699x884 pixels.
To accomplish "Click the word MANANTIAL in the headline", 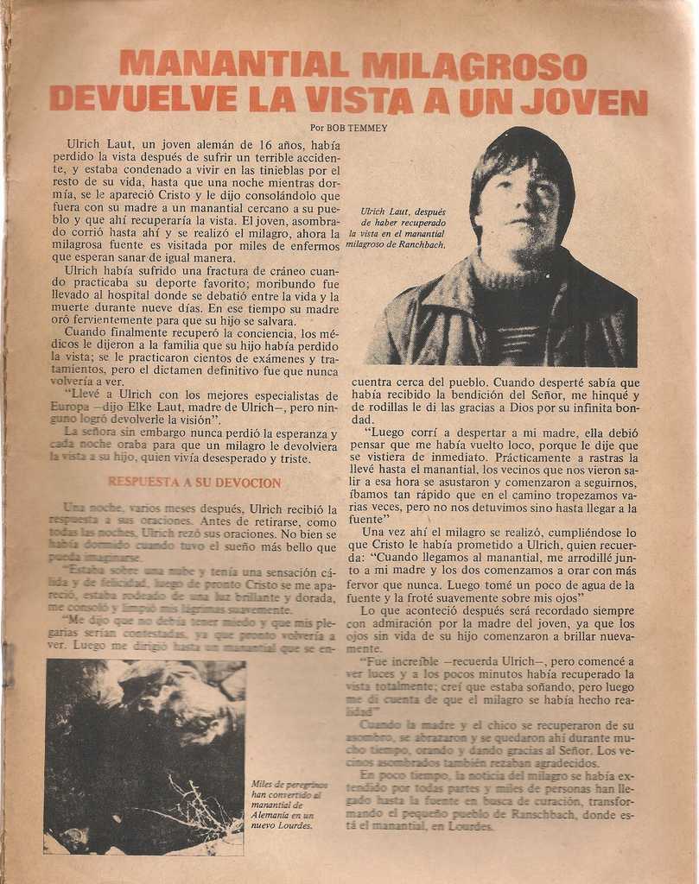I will (233, 65).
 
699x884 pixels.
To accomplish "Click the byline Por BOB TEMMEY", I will (348, 128).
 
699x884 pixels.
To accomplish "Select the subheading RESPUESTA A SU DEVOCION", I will (194, 483).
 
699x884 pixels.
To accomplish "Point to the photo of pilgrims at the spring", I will (144, 756).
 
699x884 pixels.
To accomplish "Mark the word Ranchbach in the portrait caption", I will (418, 244).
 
